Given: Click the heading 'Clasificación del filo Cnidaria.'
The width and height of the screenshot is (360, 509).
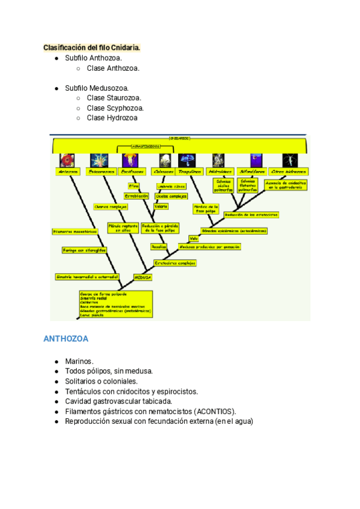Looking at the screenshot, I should [x=91, y=47].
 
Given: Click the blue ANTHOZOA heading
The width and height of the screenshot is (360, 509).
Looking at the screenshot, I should [x=66, y=339].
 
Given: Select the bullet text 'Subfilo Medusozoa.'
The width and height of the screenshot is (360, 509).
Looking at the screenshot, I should [x=97, y=88].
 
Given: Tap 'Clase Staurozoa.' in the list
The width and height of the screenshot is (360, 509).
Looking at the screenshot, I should [x=114, y=98].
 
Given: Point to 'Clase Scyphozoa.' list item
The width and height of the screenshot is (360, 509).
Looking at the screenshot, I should [x=115, y=108].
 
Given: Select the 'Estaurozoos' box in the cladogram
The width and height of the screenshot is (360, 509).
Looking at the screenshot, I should [x=101, y=172].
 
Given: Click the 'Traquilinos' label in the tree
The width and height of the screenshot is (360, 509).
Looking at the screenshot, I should [x=191, y=172].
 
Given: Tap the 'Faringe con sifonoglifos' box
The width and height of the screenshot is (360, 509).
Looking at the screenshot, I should [x=84, y=250].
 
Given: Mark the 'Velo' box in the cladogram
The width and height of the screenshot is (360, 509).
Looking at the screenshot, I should [x=193, y=238].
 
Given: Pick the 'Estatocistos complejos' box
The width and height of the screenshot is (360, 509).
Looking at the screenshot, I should [x=175, y=262].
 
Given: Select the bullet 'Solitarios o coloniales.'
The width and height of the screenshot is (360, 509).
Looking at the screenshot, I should [x=101, y=381].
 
